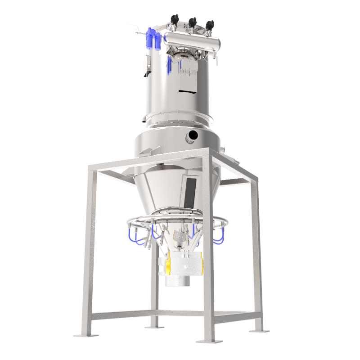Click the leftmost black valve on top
pyautogui.click(x=174, y=19)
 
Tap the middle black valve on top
pyautogui.click(x=193, y=22)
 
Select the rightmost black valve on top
pyautogui.click(x=209, y=24)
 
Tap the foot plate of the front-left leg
pyautogui.click(x=85, y=335)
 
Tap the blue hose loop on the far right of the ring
pyautogui.click(x=219, y=237)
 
